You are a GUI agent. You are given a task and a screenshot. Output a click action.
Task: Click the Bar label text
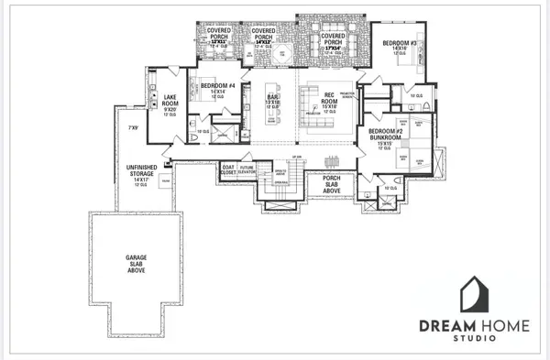[x=272, y=99]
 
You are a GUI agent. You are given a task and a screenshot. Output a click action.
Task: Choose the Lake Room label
[x=170, y=102]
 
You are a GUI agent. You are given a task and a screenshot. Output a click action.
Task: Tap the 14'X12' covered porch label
[x=264, y=38]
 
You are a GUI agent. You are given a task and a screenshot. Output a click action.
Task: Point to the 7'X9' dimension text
[x=133, y=127]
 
